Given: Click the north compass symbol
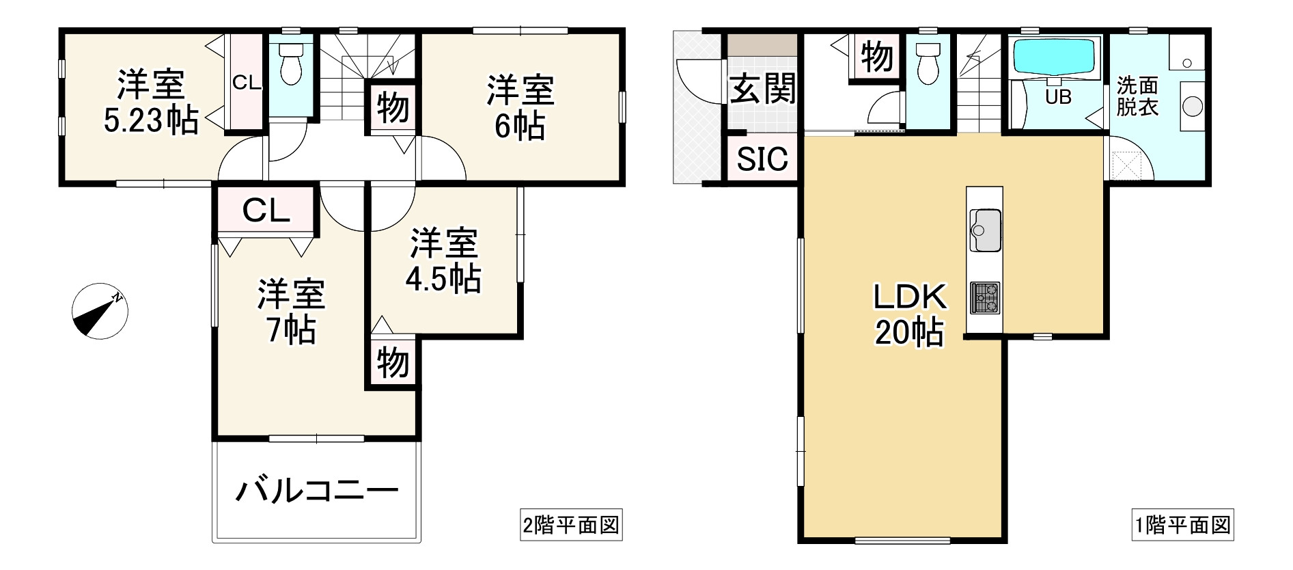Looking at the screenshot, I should [x=100, y=310].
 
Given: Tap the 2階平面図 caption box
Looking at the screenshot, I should [x=571, y=526].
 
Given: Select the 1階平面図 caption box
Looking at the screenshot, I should [x=1182, y=526].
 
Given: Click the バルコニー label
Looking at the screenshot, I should [x=316, y=491].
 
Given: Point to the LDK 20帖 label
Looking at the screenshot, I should [x=910, y=314].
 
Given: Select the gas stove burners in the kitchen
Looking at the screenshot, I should [x=985, y=298].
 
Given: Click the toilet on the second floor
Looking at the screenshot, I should [x=291, y=65].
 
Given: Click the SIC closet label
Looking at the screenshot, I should [x=762, y=159].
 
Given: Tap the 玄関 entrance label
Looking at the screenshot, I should [x=762, y=89].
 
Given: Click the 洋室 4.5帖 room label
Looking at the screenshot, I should [x=443, y=261].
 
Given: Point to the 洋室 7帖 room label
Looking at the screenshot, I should [x=291, y=312].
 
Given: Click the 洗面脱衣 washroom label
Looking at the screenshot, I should [x=1137, y=96].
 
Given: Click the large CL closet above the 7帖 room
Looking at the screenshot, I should [x=266, y=211].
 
